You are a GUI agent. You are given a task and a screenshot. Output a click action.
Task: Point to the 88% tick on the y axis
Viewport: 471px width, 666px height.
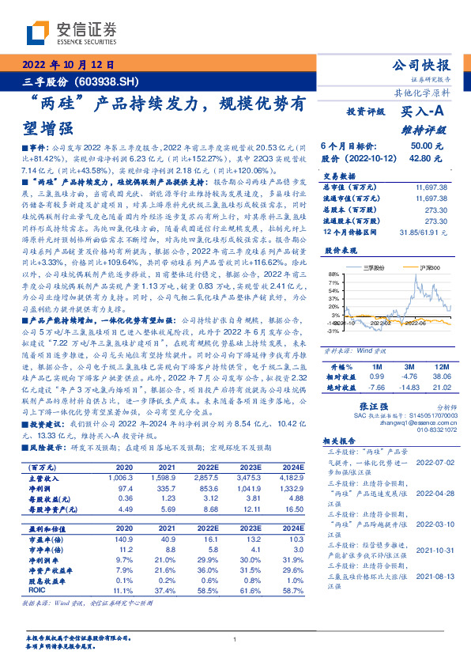pyautogui.click(x=334, y=272)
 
